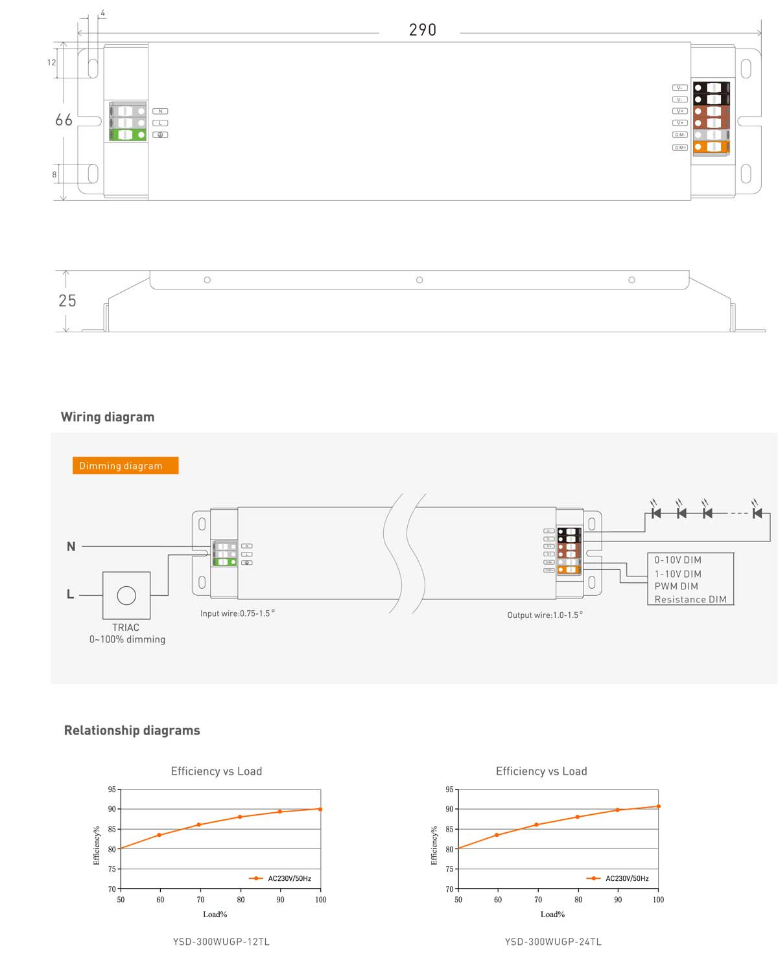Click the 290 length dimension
[422, 30]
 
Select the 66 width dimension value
[64, 120]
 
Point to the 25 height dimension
[67, 301]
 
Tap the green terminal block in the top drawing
[128, 135]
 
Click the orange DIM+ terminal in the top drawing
[711, 147]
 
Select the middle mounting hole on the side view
[419, 280]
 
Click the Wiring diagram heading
[108, 417]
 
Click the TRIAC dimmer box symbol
[126, 595]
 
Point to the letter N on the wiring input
[71, 547]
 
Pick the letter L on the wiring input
[70, 595]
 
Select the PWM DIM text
[676, 586]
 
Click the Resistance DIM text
[690, 599]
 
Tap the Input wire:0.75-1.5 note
[237, 613]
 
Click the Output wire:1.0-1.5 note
[545, 615]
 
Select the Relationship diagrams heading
[132, 731]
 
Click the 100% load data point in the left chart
[320, 809]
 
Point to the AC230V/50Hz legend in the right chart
[626, 878]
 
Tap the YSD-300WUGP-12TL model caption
[221, 942]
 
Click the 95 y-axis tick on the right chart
[449, 790]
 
